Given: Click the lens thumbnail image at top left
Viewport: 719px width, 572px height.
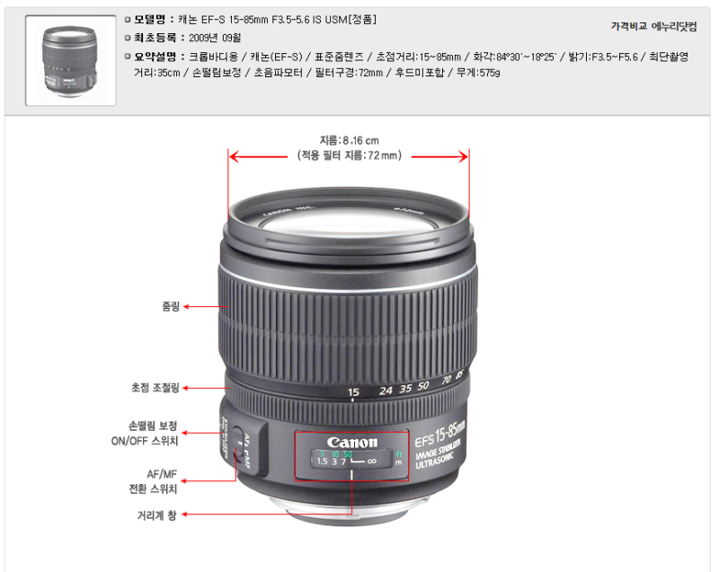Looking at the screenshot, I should click(x=70, y=60).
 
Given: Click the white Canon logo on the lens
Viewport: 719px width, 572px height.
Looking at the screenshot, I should click(x=353, y=442).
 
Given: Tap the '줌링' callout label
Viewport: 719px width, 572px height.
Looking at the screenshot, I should click(x=170, y=306).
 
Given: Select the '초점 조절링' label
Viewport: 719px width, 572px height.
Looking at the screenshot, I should click(x=155, y=388).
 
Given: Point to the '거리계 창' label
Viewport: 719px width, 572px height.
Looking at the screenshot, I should click(x=157, y=515).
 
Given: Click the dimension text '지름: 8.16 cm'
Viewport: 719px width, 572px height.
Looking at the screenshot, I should click(x=349, y=140).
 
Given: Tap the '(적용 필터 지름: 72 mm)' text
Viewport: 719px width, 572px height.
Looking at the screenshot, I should click(x=349, y=155).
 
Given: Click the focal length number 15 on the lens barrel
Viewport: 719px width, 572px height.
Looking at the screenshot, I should click(x=353, y=392).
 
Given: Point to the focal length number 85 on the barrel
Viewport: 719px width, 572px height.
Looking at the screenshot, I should click(x=459, y=374).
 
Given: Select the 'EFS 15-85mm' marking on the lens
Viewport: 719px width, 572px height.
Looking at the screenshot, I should click(x=440, y=433).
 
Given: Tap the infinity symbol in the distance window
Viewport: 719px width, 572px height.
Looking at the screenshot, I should click(x=371, y=461).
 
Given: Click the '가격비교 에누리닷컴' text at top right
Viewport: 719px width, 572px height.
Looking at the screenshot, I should click(x=653, y=26).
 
